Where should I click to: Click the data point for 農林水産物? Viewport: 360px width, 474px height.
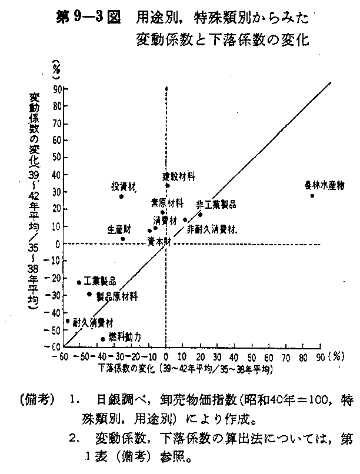(x=312, y=195)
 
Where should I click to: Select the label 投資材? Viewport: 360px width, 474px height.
(x=124, y=186)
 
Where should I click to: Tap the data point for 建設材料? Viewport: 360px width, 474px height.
(x=168, y=185)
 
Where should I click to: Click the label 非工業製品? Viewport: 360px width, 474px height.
(x=216, y=204)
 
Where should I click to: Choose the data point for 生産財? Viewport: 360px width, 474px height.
(x=123, y=239)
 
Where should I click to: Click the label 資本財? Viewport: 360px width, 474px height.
(x=159, y=241)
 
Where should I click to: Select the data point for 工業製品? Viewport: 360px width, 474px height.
(x=79, y=282)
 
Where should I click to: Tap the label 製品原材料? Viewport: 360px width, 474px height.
(x=116, y=297)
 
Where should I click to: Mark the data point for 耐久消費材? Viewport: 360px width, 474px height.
(x=68, y=321)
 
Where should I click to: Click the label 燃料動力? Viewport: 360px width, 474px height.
(x=125, y=336)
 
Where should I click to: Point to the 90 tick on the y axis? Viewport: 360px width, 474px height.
(x=58, y=90)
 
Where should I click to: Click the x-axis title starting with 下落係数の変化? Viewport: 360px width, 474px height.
(x=185, y=369)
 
